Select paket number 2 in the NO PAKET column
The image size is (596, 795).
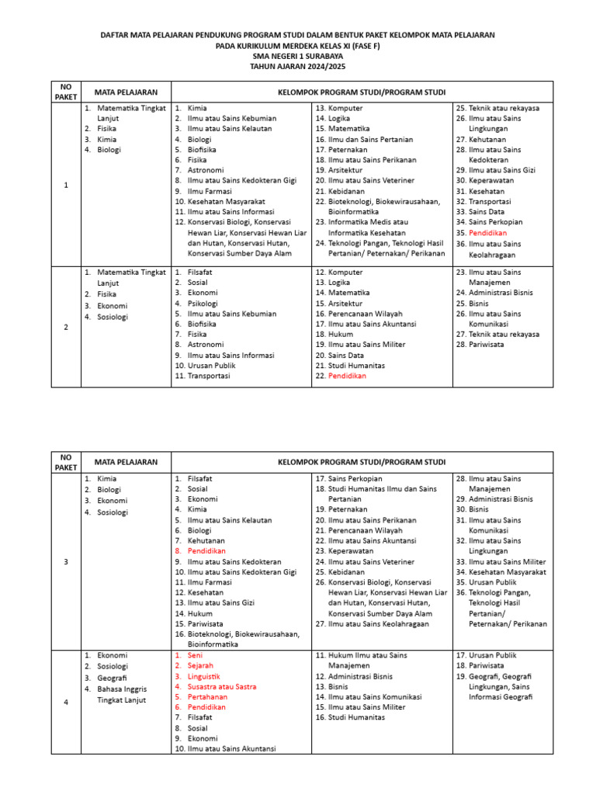(66, 327)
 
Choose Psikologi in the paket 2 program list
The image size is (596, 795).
(203, 304)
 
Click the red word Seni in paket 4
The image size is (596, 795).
(195, 655)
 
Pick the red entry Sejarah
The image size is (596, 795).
(200, 665)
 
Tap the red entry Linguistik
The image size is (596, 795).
(203, 676)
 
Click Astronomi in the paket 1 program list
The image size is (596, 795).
(205, 170)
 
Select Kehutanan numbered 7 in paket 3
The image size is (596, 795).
(206, 540)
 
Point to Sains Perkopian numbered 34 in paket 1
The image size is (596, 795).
(501, 222)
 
